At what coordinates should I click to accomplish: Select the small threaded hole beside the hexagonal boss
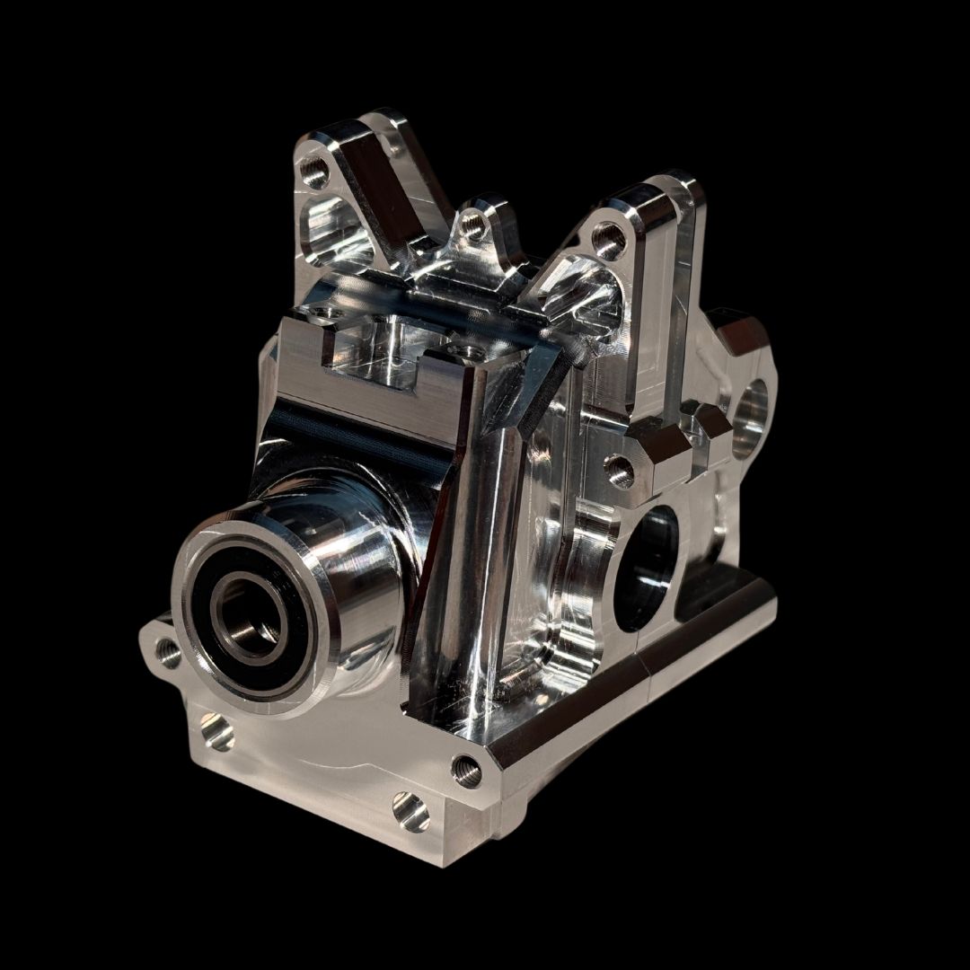coord(617,467)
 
